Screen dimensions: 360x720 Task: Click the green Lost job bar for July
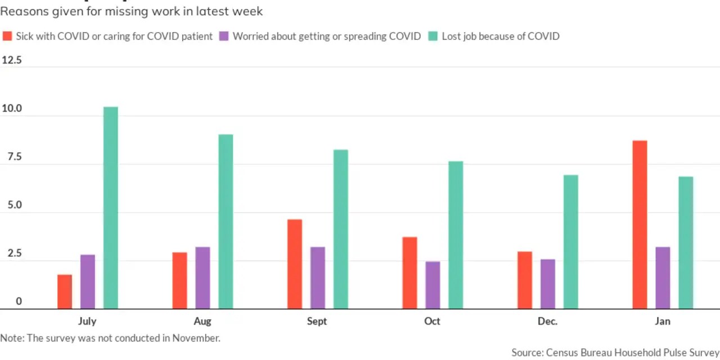(111, 208)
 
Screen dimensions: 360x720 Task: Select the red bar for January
(640, 225)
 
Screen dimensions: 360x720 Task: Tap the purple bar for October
(433, 285)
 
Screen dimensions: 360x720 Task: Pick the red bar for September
(295, 264)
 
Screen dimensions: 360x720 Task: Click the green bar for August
(226, 222)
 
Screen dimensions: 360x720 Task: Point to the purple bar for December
(548, 284)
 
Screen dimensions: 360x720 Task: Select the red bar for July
(65, 292)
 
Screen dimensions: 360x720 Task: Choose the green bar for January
(686, 243)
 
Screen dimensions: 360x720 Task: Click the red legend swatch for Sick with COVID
(7, 36)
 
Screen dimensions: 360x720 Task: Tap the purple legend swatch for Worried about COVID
(224, 36)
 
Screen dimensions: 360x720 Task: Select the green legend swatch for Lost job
(433, 36)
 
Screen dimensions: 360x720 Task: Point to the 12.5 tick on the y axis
(11, 60)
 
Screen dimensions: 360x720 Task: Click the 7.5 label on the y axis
(11, 157)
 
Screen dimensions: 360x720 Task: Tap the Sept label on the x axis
(317, 321)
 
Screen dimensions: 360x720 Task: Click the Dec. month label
(547, 321)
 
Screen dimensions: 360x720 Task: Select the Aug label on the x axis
(202, 321)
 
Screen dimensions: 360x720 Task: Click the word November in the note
(199, 338)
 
